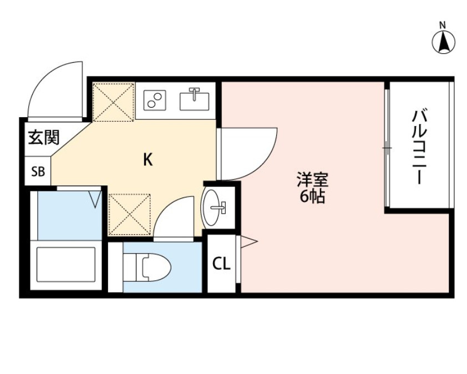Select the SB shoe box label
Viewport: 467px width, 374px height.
pyautogui.click(x=38, y=171)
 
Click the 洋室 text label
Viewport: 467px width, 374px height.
pyautogui.click(x=313, y=180)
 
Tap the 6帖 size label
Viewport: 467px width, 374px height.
pyautogui.click(x=313, y=196)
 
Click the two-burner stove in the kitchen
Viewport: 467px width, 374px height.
pyautogui.click(x=154, y=100)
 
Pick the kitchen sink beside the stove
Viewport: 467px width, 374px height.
pyautogui.click(x=194, y=99)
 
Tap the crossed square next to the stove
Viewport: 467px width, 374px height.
pyautogui.click(x=113, y=101)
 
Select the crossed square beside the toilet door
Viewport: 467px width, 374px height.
pyautogui.click(x=129, y=213)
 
